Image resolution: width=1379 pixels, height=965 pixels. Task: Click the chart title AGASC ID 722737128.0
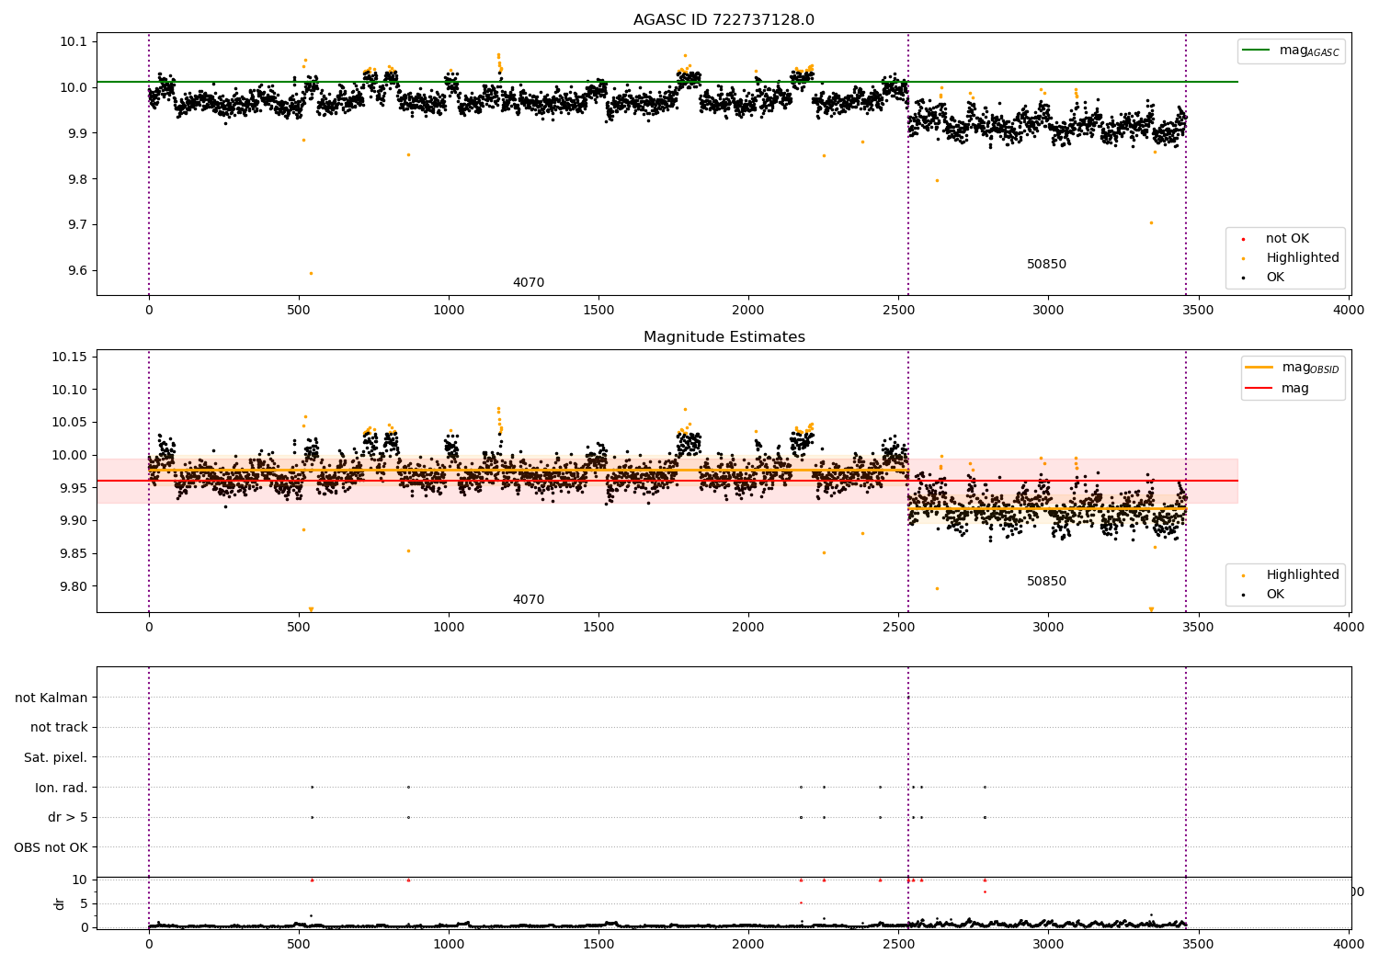click(x=724, y=20)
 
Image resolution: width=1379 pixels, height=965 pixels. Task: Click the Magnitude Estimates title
click(x=724, y=337)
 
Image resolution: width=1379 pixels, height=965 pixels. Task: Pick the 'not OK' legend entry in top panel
click(x=1287, y=239)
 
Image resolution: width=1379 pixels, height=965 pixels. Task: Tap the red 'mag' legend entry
click(x=1294, y=388)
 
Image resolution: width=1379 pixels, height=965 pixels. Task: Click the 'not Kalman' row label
click(x=51, y=698)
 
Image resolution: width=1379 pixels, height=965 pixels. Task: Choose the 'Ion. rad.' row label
click(x=62, y=788)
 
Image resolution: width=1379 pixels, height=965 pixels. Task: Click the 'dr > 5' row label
click(x=68, y=817)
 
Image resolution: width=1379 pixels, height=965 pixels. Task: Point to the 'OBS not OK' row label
click(x=51, y=847)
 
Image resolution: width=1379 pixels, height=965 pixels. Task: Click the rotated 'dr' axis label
click(x=60, y=903)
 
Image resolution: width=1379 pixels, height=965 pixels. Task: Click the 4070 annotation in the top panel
click(x=529, y=283)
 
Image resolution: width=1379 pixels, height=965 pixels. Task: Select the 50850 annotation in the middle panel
click(x=1046, y=582)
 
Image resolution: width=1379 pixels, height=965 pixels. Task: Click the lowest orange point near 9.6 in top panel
click(x=311, y=273)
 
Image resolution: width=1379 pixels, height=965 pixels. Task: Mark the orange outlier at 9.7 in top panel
click(x=1151, y=222)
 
